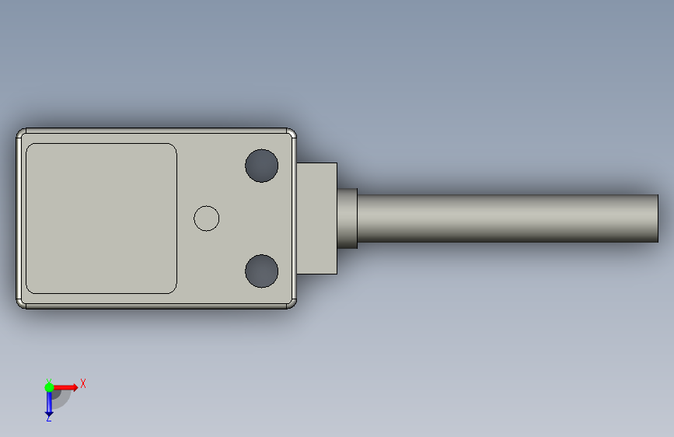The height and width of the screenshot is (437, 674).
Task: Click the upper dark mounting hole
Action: point(262,166)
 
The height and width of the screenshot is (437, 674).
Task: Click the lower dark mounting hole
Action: point(262,271)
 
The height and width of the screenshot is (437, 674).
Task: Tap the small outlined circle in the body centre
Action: point(206,218)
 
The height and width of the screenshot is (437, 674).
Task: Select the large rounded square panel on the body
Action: point(101,218)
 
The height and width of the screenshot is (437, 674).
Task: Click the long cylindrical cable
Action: point(508,218)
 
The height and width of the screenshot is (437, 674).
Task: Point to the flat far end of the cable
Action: point(658,218)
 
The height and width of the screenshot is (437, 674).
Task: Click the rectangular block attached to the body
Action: point(317,218)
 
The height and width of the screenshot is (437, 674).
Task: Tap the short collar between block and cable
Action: point(347,218)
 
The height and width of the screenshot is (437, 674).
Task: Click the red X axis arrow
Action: point(65,387)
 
